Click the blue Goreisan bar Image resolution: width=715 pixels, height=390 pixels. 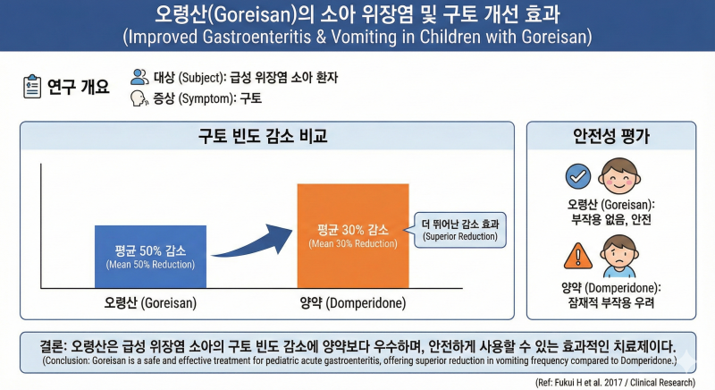click(150, 257)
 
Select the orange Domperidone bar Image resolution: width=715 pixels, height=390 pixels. click(353, 236)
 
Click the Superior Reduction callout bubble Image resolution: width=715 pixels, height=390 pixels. click(458, 230)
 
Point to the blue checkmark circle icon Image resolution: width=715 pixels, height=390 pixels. click(578, 176)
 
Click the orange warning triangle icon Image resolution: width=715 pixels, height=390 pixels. click(578, 257)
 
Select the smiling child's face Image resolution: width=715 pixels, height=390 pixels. click(619, 176)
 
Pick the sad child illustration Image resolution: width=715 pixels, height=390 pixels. click(618, 256)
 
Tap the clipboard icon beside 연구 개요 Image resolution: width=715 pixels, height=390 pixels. click(32, 86)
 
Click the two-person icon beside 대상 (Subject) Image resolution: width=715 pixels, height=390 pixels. click(139, 77)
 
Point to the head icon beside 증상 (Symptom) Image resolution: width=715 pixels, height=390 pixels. click(139, 98)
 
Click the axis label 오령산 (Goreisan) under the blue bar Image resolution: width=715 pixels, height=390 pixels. click(150, 303)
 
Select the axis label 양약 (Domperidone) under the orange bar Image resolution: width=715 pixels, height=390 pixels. click(353, 303)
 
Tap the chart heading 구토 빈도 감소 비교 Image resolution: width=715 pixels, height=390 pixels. click(263, 136)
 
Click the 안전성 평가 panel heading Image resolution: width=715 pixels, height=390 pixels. click(611, 136)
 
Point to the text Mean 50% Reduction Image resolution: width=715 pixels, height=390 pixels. click(150, 265)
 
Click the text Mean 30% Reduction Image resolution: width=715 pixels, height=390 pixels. click(353, 243)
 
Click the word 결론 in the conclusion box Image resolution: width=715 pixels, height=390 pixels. click(51, 347)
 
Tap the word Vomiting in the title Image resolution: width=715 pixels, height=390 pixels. click(365, 37)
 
